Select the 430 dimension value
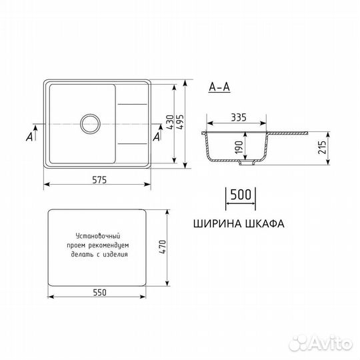tap(170, 123)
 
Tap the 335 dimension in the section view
tap(238, 118)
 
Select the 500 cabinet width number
tap(240, 195)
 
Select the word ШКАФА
tap(261, 224)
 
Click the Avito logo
tap(327, 343)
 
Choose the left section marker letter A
tap(29, 137)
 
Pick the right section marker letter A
tap(157, 137)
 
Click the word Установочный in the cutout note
tap(97, 236)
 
